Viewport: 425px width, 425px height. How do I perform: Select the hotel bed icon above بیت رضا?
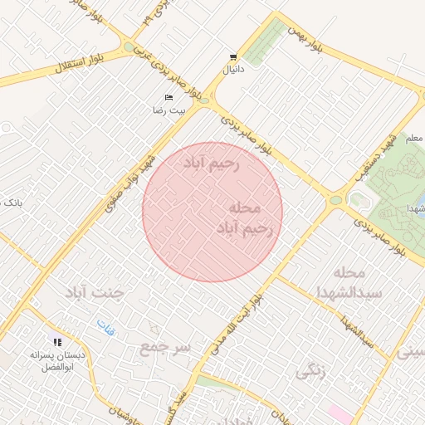tap(169, 98)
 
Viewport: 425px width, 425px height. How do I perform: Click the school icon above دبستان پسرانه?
tap(57, 341)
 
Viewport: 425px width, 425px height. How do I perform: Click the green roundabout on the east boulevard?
tap(335, 199)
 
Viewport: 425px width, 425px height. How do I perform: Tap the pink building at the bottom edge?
tap(341, 413)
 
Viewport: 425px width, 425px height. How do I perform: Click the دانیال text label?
tap(234, 70)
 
